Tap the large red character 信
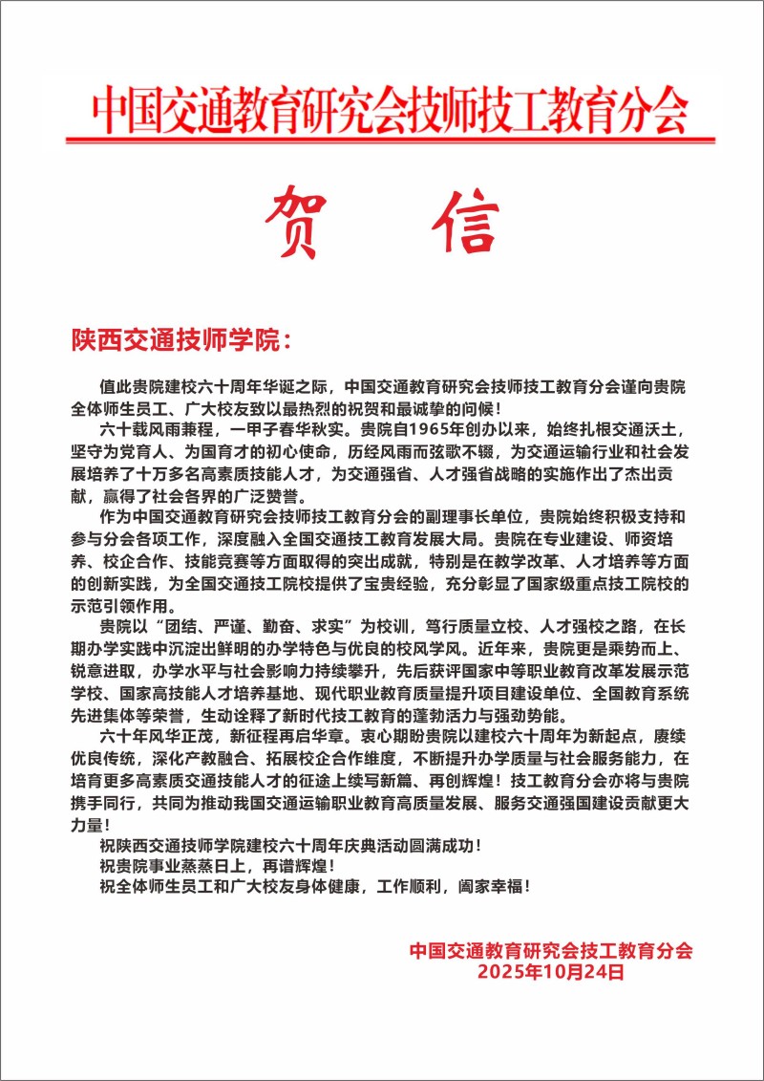click(x=465, y=221)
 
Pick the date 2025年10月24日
click(x=551, y=973)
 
